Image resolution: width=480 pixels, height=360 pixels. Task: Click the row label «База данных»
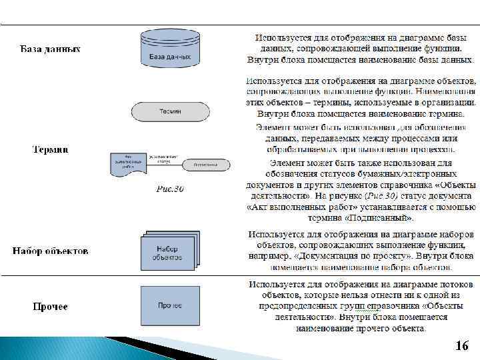point(51,49)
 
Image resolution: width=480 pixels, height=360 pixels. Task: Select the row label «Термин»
point(51,149)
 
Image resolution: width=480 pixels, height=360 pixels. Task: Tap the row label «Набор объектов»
point(50,251)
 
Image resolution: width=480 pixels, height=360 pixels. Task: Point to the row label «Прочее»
point(51,307)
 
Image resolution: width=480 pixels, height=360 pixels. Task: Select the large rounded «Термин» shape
point(169,111)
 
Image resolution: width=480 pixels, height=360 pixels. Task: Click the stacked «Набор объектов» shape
point(169,250)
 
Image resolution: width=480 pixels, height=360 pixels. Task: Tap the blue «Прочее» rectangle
point(170,305)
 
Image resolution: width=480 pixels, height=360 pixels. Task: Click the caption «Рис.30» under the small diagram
point(170,189)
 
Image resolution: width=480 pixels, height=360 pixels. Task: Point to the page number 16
point(461,345)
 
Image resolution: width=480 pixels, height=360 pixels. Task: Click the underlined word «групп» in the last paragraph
point(367,307)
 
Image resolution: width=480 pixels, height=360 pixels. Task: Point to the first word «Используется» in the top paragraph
point(281,37)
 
